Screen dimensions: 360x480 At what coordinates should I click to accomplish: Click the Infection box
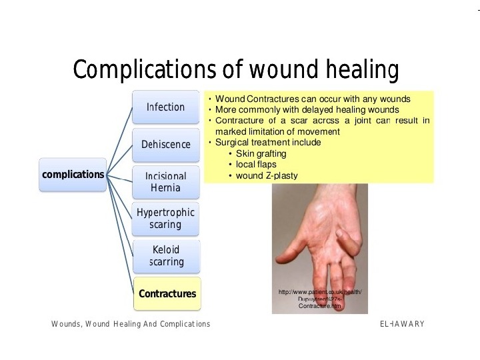pos(166,107)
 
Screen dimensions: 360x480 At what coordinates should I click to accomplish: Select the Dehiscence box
pos(166,145)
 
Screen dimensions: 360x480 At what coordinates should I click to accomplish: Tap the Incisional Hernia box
pos(166,182)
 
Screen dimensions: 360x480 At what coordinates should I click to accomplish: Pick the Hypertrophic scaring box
pos(166,219)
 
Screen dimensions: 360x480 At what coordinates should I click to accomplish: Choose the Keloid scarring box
pos(166,256)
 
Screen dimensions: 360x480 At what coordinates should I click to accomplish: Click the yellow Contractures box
pos(167,294)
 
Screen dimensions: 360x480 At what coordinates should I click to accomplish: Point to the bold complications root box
pos(73,175)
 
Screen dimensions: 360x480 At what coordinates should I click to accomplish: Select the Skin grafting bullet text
pos(261,154)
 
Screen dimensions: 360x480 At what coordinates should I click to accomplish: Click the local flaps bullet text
pos(256,165)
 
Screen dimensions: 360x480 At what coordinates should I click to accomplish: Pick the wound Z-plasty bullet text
pos(267,176)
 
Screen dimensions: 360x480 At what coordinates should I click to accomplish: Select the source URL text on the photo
pos(320,299)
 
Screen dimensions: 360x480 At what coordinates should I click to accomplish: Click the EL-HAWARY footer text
pos(402,324)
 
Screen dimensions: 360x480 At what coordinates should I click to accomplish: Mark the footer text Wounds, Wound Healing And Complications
pos(131,324)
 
